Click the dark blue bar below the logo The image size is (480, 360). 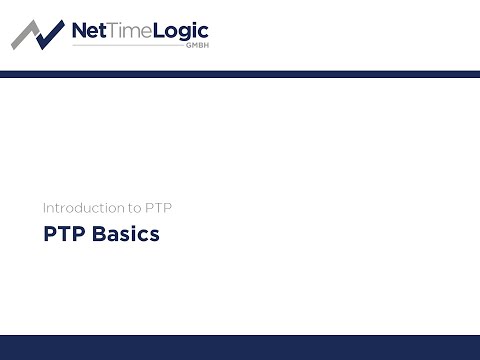point(240,74)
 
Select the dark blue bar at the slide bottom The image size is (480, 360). point(240,347)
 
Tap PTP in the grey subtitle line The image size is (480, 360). point(162,208)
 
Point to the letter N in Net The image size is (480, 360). point(80,31)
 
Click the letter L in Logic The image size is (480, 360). point(157,31)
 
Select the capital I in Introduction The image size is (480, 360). point(44,208)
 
